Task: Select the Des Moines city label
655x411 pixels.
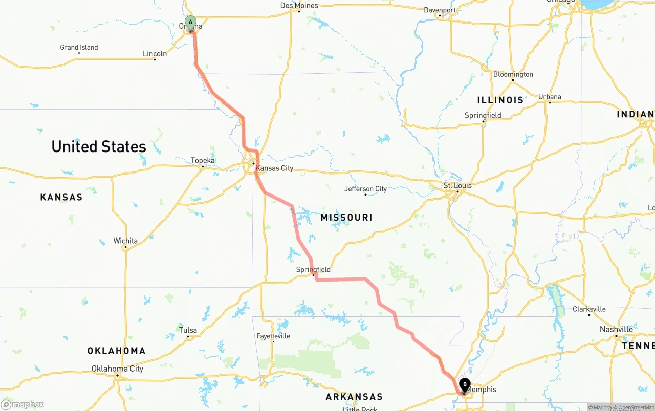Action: [299, 6]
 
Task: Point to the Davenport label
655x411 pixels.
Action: [440, 10]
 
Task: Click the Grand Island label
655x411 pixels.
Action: [79, 47]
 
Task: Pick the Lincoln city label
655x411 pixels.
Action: [155, 54]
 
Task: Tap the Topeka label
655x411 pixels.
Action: [203, 161]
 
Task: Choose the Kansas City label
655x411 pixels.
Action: [274, 168]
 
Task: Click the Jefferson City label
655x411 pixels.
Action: [365, 189]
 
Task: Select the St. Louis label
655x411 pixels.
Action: [457, 185]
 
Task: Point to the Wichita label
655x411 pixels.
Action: [125, 241]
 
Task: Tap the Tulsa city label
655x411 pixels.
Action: [188, 330]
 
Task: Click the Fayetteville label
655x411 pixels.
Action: [273, 336]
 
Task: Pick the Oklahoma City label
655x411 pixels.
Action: [117, 369]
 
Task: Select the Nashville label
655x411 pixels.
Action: [616, 330]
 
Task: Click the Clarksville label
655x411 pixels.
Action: [589, 309]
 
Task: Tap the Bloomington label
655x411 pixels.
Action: [513, 74]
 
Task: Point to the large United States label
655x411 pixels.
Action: [99, 147]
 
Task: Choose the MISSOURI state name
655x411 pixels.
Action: [346, 218]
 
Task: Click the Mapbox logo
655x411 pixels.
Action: [23, 404]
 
